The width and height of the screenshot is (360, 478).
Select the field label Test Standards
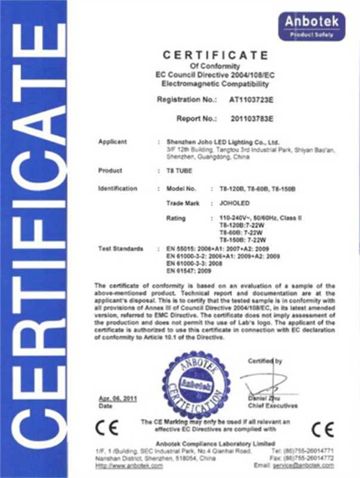121,247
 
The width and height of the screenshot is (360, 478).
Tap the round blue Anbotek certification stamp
196,384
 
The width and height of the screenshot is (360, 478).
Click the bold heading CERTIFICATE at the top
216,55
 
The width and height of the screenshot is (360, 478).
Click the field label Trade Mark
182,204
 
